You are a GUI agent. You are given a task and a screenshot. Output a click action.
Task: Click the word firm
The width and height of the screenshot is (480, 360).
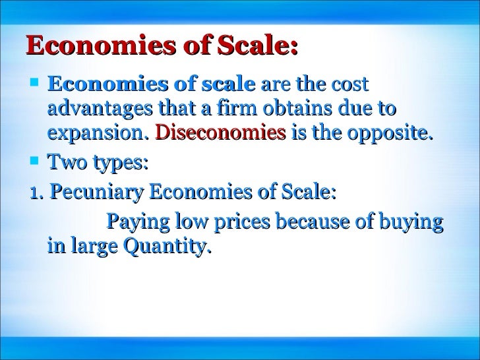point(236,109)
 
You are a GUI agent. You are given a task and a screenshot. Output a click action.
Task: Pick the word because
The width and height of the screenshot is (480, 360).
point(310,222)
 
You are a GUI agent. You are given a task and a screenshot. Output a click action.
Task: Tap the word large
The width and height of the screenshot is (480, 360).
point(89,248)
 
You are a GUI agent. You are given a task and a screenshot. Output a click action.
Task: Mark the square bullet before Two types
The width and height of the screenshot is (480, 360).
point(36,161)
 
